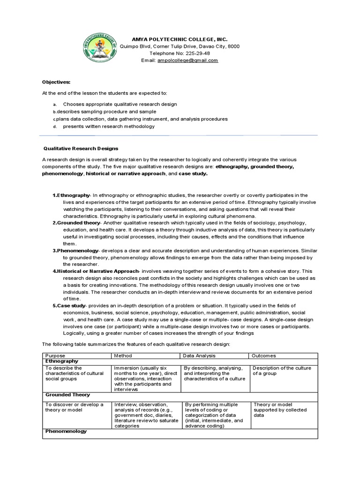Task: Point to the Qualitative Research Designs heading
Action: click(x=81, y=148)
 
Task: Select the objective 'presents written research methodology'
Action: click(x=109, y=127)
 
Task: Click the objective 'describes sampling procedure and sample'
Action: click(x=104, y=112)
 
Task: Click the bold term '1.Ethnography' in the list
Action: click(x=71, y=195)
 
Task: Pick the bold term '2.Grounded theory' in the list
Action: click(x=76, y=223)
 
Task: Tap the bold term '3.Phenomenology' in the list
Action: click(x=75, y=251)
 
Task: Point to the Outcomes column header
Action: click(x=264, y=356)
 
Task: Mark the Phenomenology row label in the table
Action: click(x=66, y=431)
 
